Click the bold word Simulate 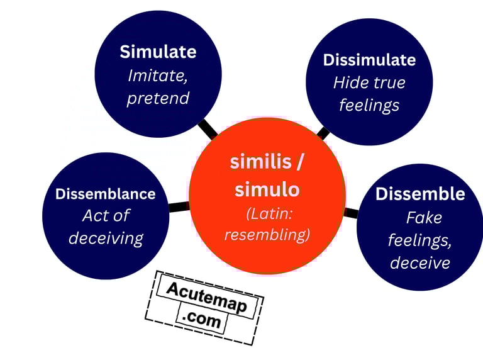pos(158,52)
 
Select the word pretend pos(158,99)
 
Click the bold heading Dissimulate pos(369,60)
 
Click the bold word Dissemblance pos(105,194)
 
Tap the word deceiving pos(106,238)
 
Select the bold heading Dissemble pos(420,194)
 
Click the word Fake pos(424,218)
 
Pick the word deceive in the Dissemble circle pos(420,262)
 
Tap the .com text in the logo pos(203,320)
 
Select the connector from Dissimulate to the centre pos(323,132)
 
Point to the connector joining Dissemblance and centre pos(179,206)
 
